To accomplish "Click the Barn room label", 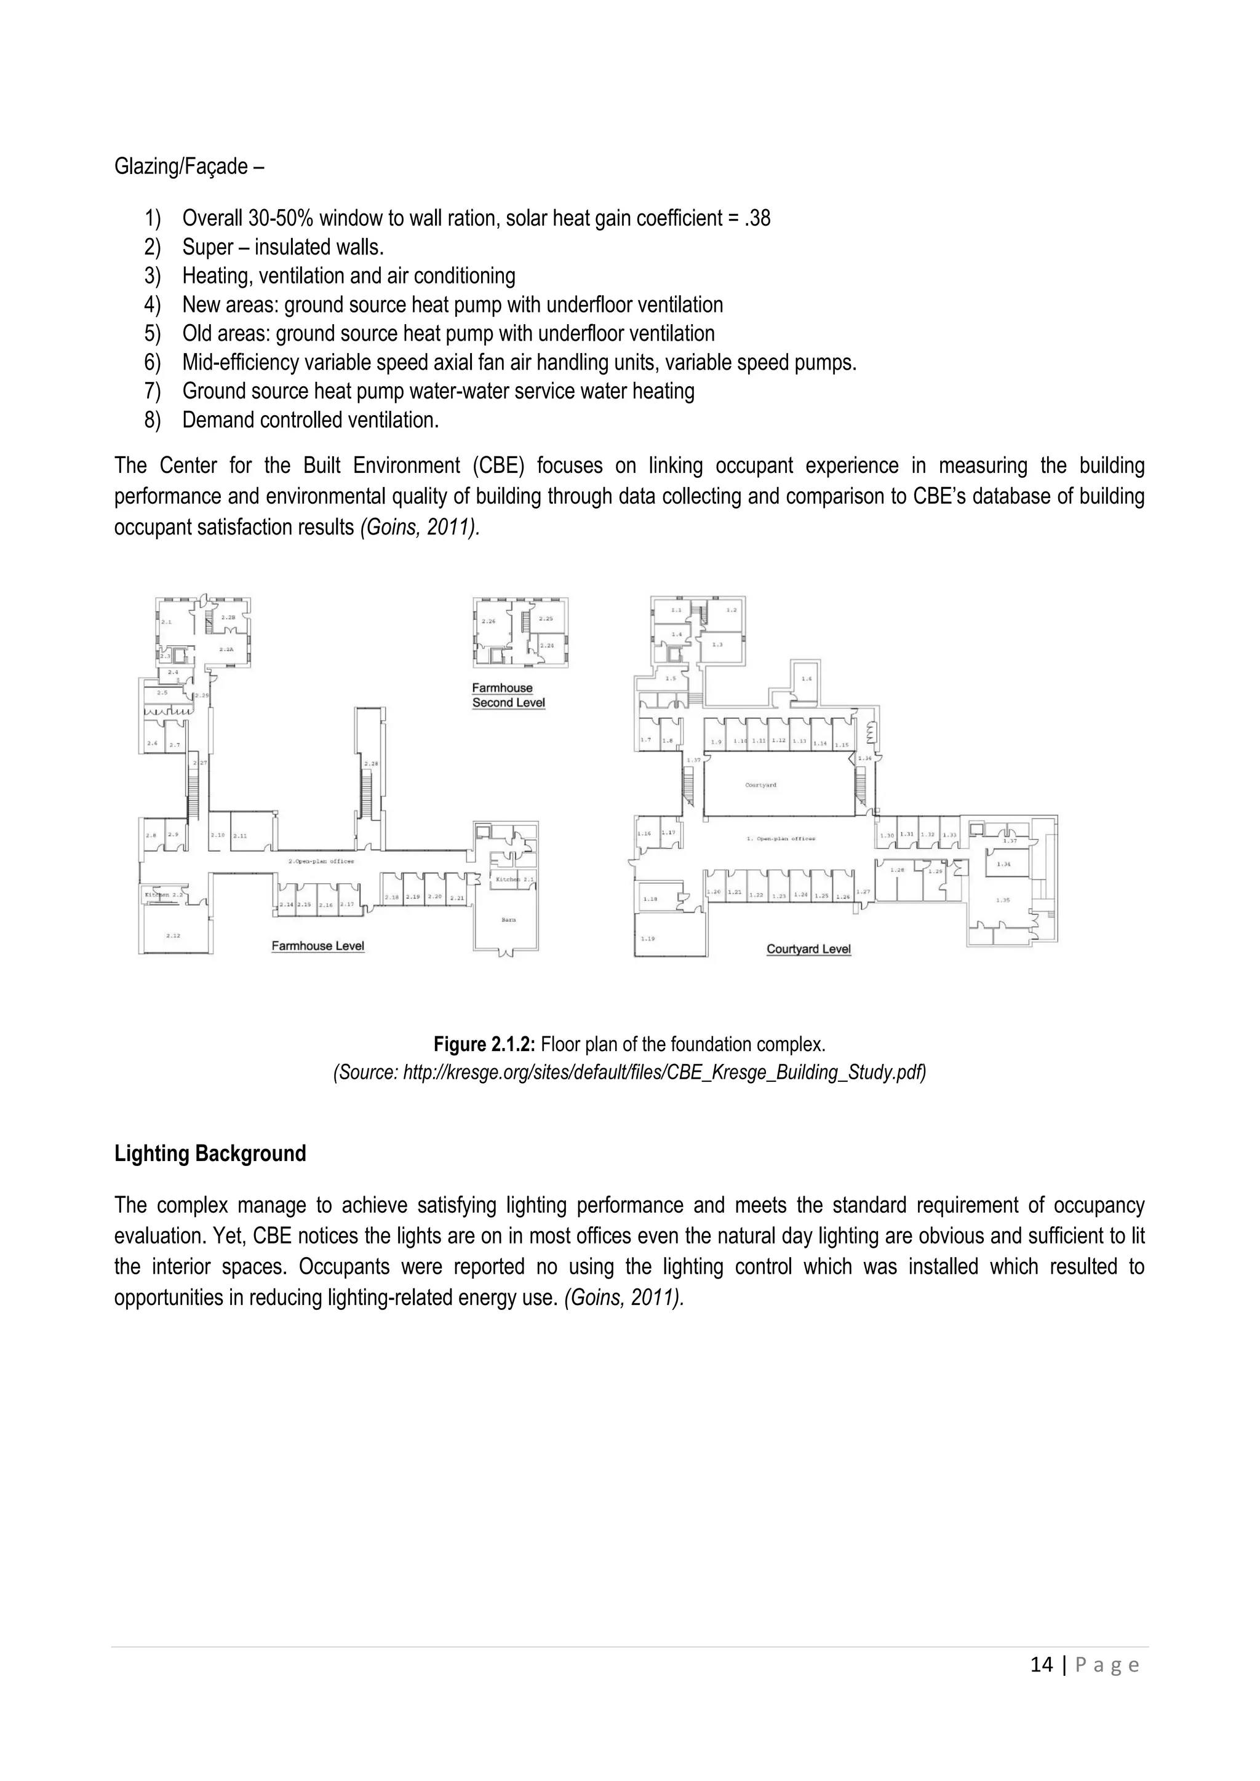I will point(508,920).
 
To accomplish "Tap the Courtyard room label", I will point(760,785).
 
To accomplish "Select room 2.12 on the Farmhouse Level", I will point(173,936).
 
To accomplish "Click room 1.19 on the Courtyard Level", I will point(647,938).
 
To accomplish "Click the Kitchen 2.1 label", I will point(515,879).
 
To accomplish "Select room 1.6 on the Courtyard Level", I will point(807,679).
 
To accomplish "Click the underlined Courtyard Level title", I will point(808,949).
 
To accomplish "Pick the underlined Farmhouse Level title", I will point(317,946).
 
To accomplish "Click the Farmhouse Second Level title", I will point(508,695).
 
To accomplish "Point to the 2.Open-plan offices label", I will point(321,862).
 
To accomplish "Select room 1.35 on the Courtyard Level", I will point(1003,900).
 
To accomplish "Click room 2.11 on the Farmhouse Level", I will point(241,836).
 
